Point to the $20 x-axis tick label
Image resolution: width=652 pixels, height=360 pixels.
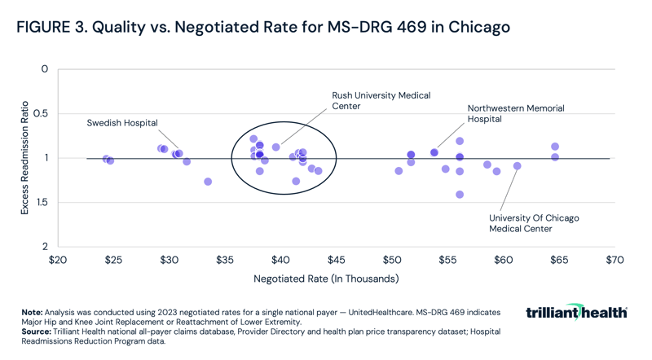pos(58,261)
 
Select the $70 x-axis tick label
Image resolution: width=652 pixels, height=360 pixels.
pos(615,261)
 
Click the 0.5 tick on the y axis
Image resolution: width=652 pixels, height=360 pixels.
pos(42,113)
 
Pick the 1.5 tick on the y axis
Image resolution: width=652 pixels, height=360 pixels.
pos(42,202)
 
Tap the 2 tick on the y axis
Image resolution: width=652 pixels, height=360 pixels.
pos(45,247)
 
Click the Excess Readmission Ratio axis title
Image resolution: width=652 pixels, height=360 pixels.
pos(24,158)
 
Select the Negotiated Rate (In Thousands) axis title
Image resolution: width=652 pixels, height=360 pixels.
pos(326,279)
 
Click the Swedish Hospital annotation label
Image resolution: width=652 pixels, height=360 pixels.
pos(122,123)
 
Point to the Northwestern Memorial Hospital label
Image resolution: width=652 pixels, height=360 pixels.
pos(515,113)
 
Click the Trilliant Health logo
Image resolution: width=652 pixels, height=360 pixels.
pos(576,313)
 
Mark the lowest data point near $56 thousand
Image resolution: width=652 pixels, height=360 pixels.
pos(460,195)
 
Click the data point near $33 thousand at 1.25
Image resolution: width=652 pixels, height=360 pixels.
pos(208,182)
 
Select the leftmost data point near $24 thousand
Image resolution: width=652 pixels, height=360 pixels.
pos(106,159)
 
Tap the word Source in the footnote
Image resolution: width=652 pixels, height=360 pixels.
pos(37,332)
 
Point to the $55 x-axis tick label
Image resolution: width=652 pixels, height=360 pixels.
pos(447,261)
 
